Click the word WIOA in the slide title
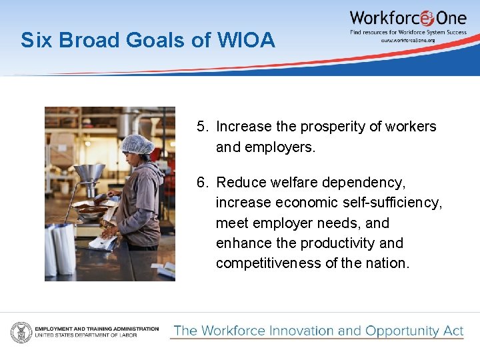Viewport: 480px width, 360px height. (245, 41)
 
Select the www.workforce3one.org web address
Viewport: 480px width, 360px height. (407, 40)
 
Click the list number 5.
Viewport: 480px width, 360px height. (202, 127)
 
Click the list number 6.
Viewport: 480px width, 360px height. (202, 183)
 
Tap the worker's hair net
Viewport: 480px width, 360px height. (138, 143)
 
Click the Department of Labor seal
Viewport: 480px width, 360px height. (21, 332)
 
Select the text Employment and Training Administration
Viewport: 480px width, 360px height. (97, 329)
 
